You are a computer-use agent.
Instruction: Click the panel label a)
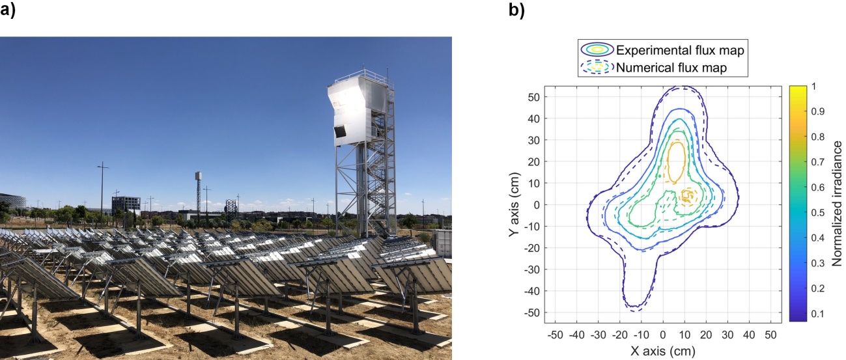coord(9,12)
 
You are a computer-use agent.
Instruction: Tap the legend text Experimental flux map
coord(681,49)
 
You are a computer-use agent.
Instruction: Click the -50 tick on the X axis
coord(555,335)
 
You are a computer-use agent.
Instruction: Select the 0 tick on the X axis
coord(663,335)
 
